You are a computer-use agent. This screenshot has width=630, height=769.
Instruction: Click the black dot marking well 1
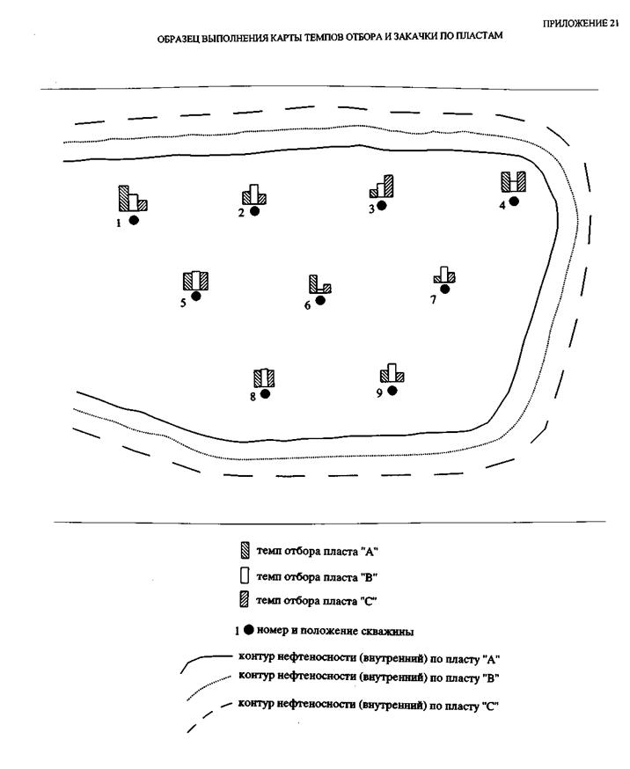[134, 220]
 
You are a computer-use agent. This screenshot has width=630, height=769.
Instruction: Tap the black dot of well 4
[514, 201]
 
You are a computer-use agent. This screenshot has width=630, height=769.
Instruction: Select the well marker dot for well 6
[320, 300]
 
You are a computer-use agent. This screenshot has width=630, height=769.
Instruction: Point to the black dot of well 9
[392, 390]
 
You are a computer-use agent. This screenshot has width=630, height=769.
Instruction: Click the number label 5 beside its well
[183, 302]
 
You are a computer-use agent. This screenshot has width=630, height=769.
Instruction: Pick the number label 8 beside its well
[253, 397]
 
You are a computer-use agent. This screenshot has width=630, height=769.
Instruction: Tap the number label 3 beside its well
[371, 209]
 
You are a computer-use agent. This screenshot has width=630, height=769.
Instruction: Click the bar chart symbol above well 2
[253, 195]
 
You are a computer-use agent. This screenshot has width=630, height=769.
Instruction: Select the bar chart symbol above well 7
[444, 275]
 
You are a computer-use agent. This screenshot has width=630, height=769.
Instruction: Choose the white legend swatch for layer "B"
[245, 577]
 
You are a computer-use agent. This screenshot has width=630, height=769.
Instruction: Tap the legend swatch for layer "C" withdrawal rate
[245, 603]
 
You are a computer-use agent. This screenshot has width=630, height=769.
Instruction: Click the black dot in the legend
[249, 630]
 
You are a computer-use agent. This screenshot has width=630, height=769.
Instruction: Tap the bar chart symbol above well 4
[513, 181]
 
